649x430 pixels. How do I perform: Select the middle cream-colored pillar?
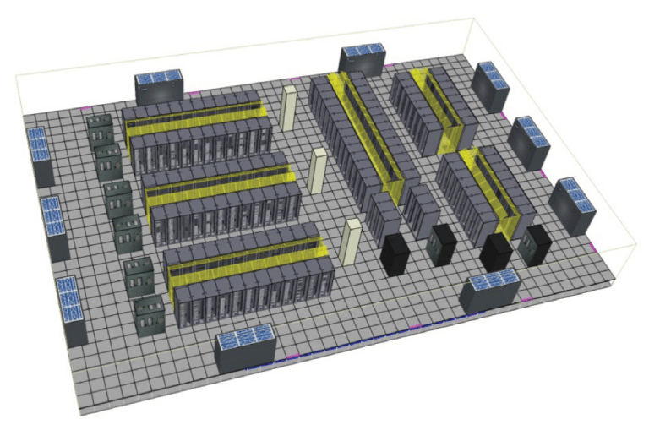click(x=319, y=171)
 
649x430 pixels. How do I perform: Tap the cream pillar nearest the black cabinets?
click(x=352, y=242)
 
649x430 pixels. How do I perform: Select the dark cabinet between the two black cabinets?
click(x=441, y=244)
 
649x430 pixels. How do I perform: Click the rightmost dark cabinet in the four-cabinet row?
click(x=534, y=243)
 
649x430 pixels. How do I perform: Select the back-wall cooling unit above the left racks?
click(x=159, y=88)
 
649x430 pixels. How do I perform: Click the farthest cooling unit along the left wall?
click(x=39, y=155)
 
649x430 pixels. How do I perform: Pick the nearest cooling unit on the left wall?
click(x=71, y=309)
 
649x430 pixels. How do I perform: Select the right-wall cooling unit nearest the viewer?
click(x=571, y=205)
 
